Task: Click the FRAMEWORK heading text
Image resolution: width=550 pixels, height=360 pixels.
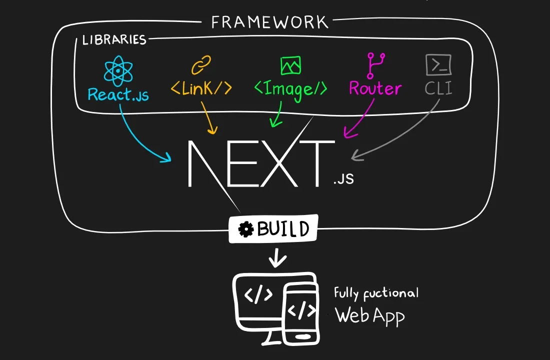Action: (x=269, y=22)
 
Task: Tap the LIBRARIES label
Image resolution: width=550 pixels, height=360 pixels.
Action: (x=114, y=40)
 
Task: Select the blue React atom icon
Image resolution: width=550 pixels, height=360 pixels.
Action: (x=118, y=71)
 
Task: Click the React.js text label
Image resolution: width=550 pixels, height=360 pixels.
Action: (x=118, y=94)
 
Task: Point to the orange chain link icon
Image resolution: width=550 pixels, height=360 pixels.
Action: (x=201, y=65)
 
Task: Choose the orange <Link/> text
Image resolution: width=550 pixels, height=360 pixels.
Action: (x=201, y=88)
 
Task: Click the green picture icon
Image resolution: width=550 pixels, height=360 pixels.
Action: (x=290, y=65)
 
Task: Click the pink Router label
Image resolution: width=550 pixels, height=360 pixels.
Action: (x=375, y=89)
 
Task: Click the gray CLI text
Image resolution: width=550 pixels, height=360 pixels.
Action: (x=438, y=89)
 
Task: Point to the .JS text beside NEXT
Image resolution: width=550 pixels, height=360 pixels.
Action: (x=343, y=178)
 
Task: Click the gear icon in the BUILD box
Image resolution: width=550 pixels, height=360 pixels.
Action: (x=246, y=229)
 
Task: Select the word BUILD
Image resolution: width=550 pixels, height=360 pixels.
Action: (x=283, y=229)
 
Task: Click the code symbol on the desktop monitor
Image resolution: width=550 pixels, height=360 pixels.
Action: (x=258, y=295)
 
